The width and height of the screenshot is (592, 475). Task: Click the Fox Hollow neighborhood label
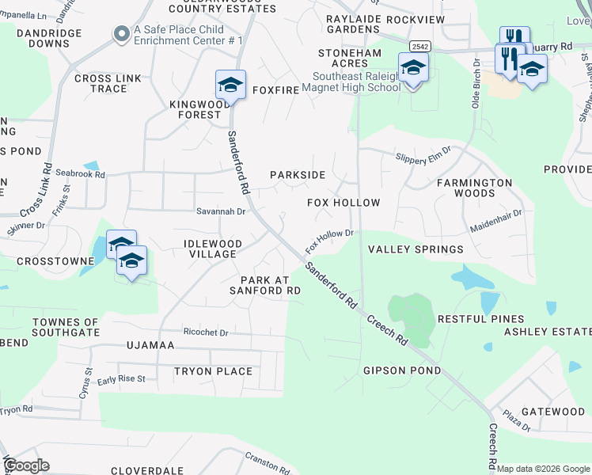point(343,203)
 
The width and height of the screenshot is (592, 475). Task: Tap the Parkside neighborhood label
point(298,174)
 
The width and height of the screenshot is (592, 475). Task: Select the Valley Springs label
point(416,249)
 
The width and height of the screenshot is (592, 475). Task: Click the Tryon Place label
point(213,371)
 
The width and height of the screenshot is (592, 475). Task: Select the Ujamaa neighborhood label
point(155,346)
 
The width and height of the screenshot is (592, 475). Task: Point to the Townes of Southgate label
point(66,328)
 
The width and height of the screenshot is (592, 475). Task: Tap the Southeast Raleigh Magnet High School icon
point(413,68)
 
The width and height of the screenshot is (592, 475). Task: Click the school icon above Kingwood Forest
point(230,85)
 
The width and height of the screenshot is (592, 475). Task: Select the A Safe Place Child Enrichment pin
point(121,33)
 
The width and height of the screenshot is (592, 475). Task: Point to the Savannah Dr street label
point(221,211)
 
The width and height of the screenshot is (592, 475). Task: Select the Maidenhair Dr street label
point(496,214)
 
